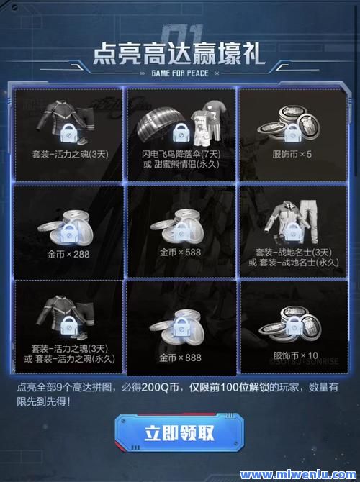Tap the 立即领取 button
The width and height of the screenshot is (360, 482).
(180, 433)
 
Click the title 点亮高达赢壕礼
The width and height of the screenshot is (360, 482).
(179, 54)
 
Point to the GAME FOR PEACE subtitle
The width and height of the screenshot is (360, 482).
(180, 73)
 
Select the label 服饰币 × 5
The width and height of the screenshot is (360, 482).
(292, 154)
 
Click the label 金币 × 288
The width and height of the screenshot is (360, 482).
(68, 254)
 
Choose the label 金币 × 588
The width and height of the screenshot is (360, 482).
(180, 253)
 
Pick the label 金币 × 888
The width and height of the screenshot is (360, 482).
(180, 358)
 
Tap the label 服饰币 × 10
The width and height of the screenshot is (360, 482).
(295, 355)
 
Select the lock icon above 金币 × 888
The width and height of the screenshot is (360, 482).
(181, 327)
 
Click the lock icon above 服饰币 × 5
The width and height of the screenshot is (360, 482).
(292, 133)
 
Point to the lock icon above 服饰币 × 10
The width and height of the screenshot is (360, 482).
(294, 325)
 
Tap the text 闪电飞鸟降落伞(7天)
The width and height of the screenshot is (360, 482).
(181, 154)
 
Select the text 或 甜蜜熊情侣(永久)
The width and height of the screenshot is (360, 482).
(181, 164)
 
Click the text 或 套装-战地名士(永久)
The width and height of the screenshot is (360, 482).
(294, 262)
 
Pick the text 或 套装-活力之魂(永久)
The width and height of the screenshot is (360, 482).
(70, 358)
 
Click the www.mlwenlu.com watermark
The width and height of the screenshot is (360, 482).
(298, 474)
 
